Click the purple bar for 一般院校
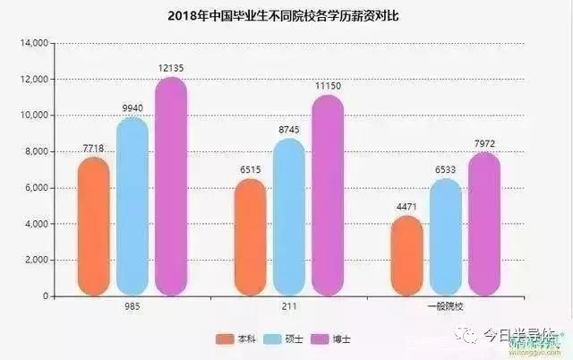[x=484, y=224]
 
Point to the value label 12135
[x=171, y=67]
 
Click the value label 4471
[x=406, y=207]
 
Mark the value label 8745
[x=288, y=129]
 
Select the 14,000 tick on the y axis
[x=31, y=43]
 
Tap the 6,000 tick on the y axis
[x=34, y=188]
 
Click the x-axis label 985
[x=133, y=306]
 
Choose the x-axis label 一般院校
[x=445, y=306]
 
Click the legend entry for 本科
[x=235, y=339]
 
